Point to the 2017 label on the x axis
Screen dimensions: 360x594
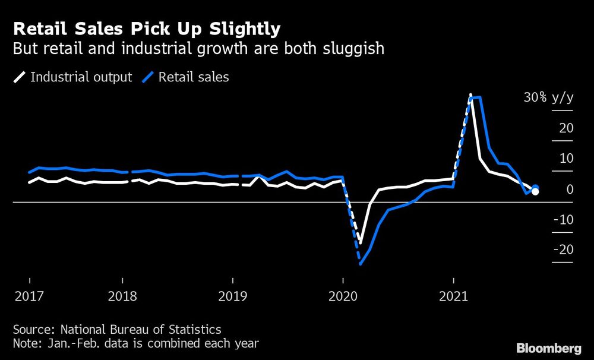click(29, 296)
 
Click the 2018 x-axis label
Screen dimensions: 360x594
click(122, 296)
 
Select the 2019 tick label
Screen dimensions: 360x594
click(232, 296)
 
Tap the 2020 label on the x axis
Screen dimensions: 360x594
click(343, 296)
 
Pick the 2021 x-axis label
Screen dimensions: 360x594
click(453, 296)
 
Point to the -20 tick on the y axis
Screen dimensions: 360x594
click(563, 250)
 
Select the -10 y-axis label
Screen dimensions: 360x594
click(563, 220)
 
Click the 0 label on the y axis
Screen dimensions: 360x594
click(570, 190)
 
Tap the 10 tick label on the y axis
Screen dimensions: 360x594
click(565, 159)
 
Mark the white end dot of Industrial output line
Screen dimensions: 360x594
click(535, 191)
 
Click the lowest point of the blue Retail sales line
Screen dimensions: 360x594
click(361, 263)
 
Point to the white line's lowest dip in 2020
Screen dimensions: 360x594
click(361, 242)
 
